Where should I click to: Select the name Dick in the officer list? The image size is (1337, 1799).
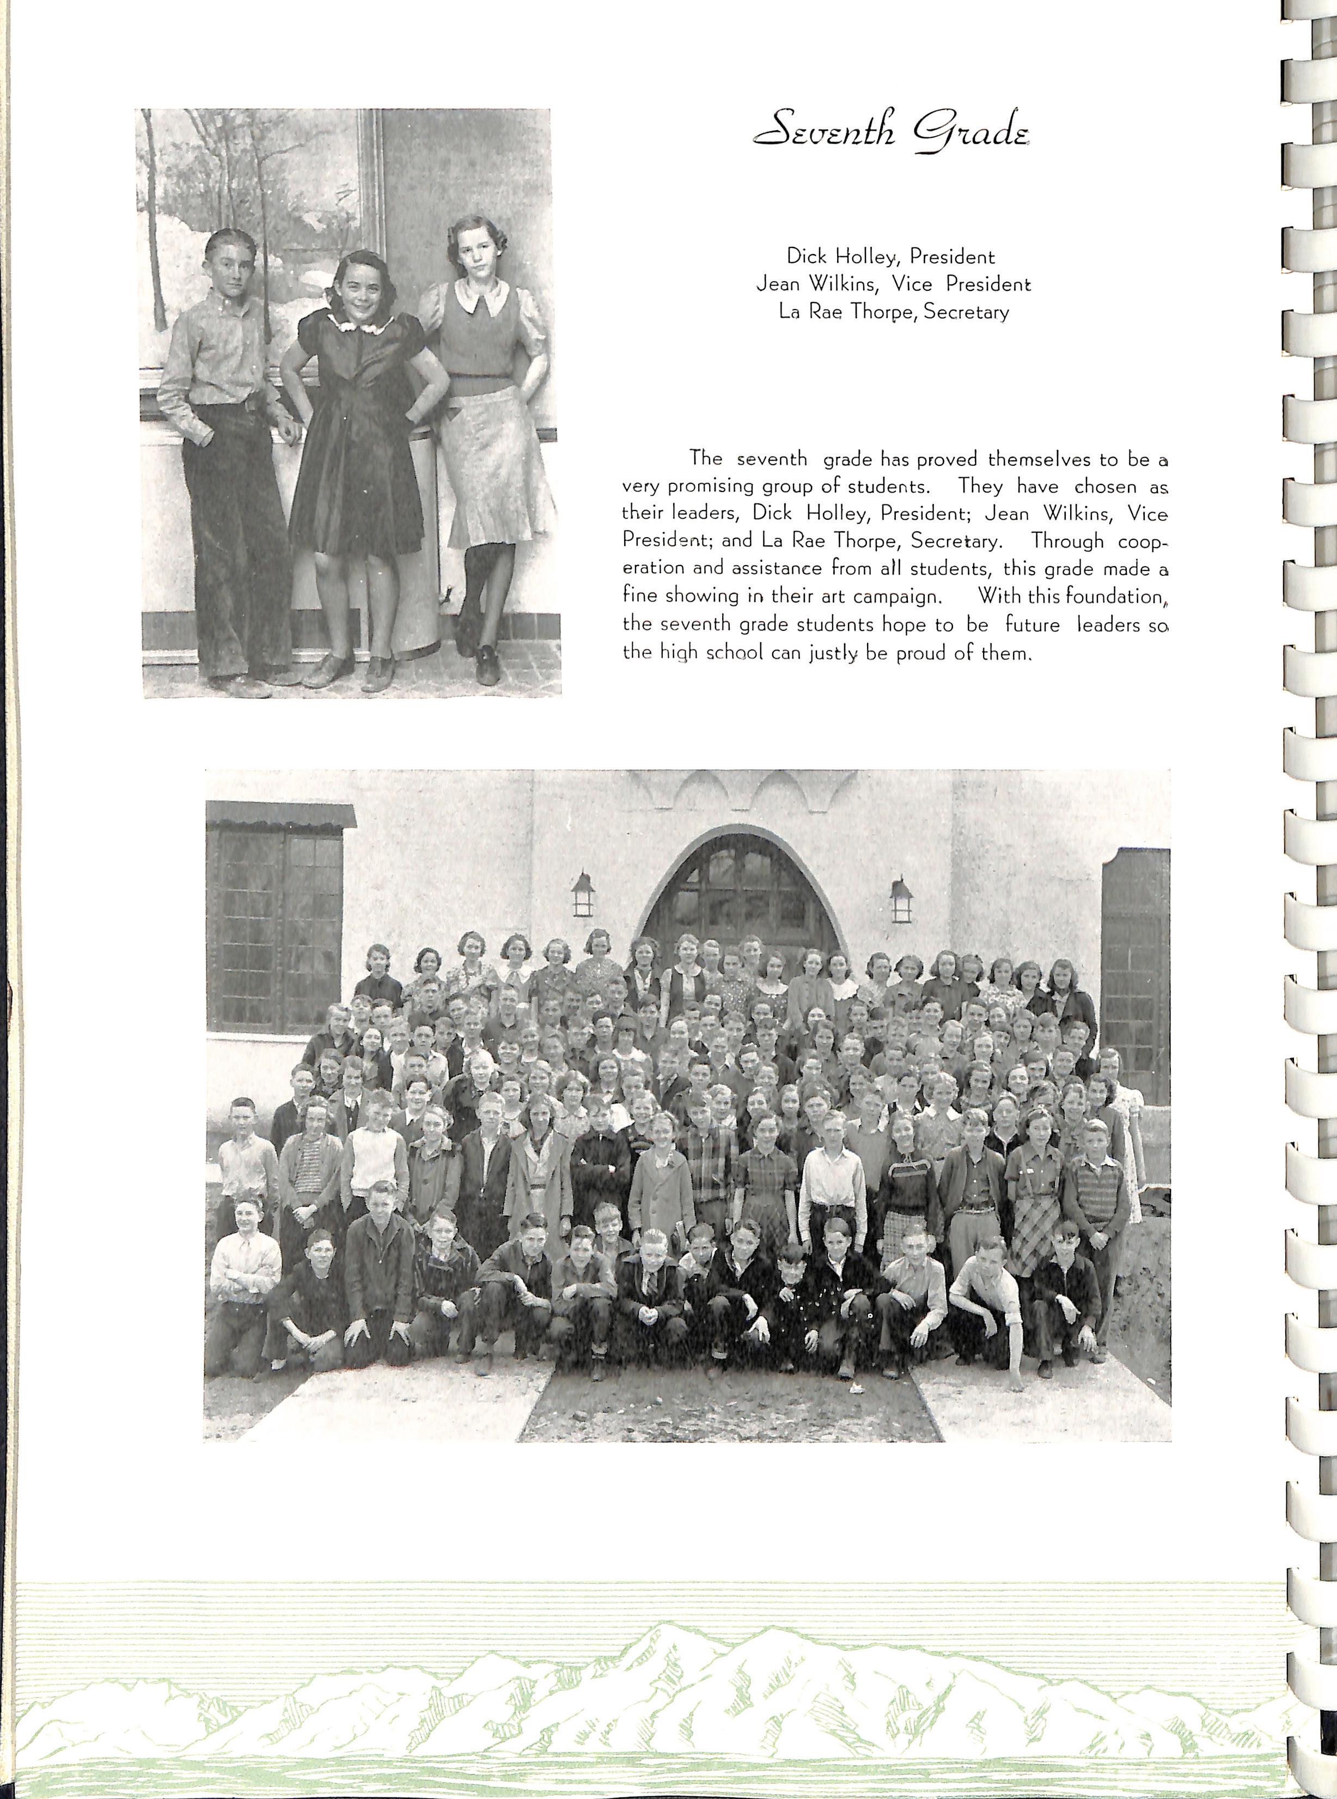coord(805,257)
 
